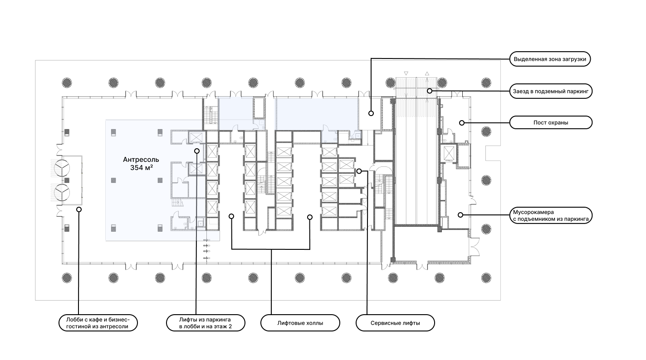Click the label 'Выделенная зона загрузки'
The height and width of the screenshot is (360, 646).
click(x=550, y=59)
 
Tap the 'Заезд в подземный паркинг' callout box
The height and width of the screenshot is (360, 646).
click(x=551, y=92)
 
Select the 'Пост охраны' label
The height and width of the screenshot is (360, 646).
click(x=551, y=122)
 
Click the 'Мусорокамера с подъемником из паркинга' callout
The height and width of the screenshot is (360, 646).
click(x=551, y=215)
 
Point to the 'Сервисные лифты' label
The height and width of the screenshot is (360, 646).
click(x=395, y=323)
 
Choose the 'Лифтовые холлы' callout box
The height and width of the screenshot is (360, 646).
click(x=300, y=323)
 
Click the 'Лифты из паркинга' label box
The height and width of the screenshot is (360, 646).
click(x=206, y=323)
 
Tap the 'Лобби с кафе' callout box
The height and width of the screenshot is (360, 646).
click(x=98, y=323)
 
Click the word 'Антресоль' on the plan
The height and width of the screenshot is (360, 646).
click(x=141, y=160)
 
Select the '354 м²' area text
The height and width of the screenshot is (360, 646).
click(x=142, y=168)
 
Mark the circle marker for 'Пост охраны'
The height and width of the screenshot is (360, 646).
click(x=462, y=123)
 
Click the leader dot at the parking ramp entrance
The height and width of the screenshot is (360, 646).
click(x=430, y=91)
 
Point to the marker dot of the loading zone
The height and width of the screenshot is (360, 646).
click(x=371, y=113)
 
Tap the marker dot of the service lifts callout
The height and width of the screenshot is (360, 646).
click(x=359, y=171)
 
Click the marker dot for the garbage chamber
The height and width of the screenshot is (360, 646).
click(x=460, y=215)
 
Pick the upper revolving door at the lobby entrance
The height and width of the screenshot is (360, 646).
click(x=62, y=168)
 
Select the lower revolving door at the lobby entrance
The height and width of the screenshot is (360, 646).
click(x=62, y=192)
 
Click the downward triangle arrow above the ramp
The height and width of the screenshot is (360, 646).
click(x=406, y=73)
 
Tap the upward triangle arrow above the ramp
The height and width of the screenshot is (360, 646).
click(x=427, y=73)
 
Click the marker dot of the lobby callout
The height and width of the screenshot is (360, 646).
click(x=79, y=209)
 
